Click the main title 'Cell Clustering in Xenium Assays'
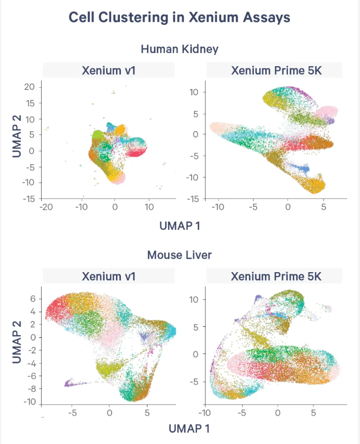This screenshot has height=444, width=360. click(179, 17)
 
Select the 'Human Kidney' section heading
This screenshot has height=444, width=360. click(179, 49)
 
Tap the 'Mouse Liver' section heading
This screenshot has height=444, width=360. click(179, 254)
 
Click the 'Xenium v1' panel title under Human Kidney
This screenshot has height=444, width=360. click(108, 70)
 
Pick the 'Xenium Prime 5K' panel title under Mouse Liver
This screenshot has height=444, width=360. click(276, 276)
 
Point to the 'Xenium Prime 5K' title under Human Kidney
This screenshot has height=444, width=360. click(276, 70)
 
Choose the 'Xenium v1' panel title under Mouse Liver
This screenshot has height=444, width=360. click(108, 276)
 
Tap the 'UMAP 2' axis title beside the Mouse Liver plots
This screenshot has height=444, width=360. click(17, 344)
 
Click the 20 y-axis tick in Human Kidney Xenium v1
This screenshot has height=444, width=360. click(29, 87)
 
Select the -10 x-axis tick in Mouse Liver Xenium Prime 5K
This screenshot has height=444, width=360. click(205, 413)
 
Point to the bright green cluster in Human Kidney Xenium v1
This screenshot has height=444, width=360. click(98, 134)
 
